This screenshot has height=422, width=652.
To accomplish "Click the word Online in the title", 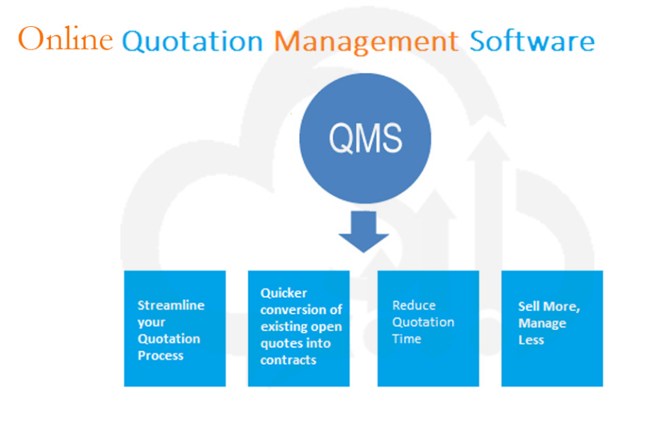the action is click(65, 39).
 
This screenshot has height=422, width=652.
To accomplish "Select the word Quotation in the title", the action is click(193, 41).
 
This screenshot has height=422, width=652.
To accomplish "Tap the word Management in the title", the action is click(366, 42).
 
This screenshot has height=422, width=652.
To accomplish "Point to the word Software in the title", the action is click(532, 40).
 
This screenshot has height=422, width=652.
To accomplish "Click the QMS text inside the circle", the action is click(366, 138).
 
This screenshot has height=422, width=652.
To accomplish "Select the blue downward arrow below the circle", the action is click(364, 232).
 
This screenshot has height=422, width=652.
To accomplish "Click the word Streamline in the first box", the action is click(171, 305).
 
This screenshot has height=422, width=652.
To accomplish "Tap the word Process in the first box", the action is click(160, 355).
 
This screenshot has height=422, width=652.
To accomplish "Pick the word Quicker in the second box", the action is click(283, 293).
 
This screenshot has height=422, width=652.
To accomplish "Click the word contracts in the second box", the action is click(288, 360).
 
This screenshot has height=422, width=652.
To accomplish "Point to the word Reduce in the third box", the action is click(414, 305).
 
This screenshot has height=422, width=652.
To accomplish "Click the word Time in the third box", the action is click(407, 338).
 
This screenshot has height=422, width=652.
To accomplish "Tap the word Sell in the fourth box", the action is click(529, 306).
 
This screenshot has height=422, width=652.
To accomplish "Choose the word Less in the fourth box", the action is click(531, 340).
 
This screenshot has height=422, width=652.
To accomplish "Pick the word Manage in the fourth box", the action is click(542, 323).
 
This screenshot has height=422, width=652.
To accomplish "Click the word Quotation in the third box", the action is click(423, 322).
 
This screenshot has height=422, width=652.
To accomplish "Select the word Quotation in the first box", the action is click(169, 339).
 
